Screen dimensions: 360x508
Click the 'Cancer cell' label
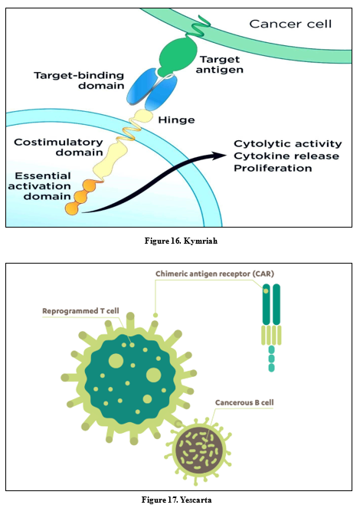pyautogui.click(x=290, y=24)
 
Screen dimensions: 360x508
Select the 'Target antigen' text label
pyautogui.click(x=220, y=64)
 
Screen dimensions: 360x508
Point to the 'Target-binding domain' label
pyautogui.click(x=79, y=80)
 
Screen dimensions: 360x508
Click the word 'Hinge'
pyautogui.click(x=176, y=120)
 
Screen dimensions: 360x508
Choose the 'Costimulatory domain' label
pyautogui.click(x=58, y=147)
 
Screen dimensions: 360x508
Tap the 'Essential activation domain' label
pyautogui.click(x=40, y=186)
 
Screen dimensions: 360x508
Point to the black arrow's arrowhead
pyautogui.click(x=219, y=156)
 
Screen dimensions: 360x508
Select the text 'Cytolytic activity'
pyautogui.click(x=288, y=143)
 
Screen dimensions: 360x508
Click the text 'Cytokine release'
pyautogui.click(x=286, y=156)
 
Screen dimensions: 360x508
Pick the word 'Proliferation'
pyautogui.click(x=273, y=168)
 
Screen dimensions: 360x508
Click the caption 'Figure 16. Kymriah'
pyautogui.click(x=181, y=241)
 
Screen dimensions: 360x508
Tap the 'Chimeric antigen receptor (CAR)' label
pyautogui.click(x=214, y=274)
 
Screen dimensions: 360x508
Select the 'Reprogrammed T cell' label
pyautogui.click(x=80, y=311)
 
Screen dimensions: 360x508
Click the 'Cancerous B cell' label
pyautogui.click(x=244, y=403)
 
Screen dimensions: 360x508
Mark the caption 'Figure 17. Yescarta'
pyautogui.click(x=176, y=500)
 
